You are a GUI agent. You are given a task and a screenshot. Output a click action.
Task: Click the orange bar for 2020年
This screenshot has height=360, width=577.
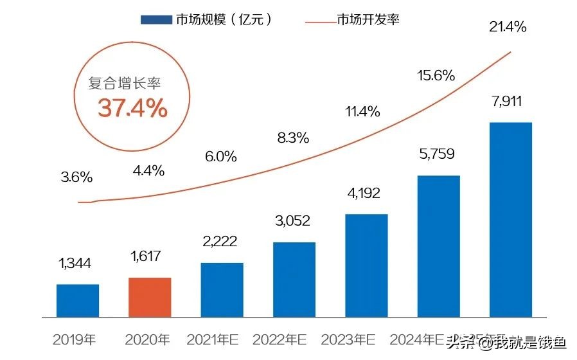tap(150, 297)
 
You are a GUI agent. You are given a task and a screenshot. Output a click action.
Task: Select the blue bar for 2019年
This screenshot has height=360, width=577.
tap(78, 300)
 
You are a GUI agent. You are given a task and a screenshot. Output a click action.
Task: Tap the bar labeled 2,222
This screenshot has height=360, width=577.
tap(222, 289)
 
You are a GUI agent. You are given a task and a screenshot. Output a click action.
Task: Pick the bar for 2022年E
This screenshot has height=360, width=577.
tap(294, 279)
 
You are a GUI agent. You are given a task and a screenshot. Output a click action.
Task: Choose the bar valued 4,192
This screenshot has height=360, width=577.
tap(366, 265)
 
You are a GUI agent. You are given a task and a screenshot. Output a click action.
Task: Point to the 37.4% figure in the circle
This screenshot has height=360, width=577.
tap(133, 109)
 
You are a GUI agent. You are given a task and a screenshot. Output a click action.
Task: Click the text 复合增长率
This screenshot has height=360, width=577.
tap(125, 84)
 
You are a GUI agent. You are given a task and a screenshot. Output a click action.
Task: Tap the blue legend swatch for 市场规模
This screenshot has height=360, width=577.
tap(157, 20)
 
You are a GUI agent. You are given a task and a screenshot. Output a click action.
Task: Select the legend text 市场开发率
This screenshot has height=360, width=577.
tap(368, 20)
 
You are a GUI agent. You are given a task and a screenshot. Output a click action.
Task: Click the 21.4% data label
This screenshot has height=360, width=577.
tap(508, 27)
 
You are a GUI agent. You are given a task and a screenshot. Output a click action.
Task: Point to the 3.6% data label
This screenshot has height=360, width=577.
tap(77, 177)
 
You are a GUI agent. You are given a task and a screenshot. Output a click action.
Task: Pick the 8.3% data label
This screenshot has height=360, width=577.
tap(294, 137)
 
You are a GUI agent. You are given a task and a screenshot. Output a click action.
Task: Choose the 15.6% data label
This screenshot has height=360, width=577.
tap(436, 75)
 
